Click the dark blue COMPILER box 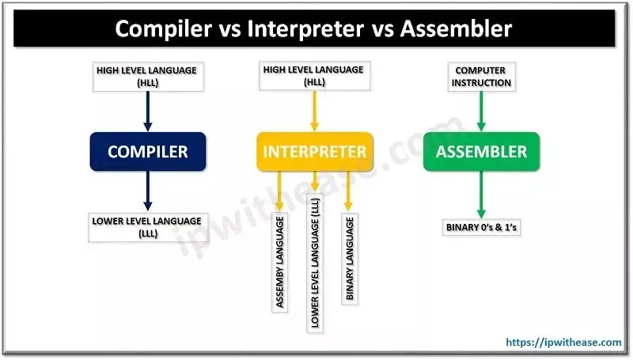[147, 151]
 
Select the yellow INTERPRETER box [314, 151]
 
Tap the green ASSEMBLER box [480, 151]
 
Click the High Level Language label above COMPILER [147, 76]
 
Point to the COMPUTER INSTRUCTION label [480, 76]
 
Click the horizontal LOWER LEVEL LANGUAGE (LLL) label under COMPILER [147, 226]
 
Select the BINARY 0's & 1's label [480, 229]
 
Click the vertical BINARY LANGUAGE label [349, 257]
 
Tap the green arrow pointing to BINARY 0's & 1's [480, 194]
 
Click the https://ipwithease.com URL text [564, 342]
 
